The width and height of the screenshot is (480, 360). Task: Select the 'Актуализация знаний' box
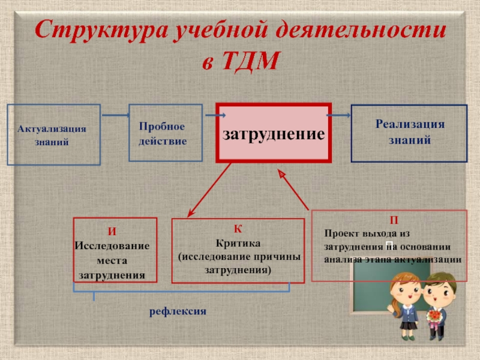click(x=53, y=135)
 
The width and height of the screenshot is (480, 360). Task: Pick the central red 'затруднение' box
click(x=274, y=133)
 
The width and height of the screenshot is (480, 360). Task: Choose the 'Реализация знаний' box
click(x=409, y=133)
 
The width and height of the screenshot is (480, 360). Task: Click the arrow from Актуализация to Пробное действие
click(x=115, y=114)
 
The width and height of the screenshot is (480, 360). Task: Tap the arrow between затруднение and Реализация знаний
click(x=340, y=115)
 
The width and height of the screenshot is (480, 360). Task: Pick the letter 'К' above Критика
click(x=238, y=229)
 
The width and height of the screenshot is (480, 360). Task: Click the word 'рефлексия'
click(x=178, y=312)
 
